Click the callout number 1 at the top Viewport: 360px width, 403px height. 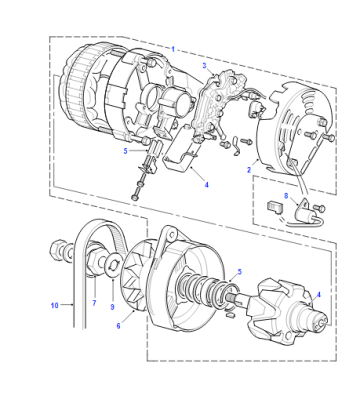pyautogui.click(x=173, y=49)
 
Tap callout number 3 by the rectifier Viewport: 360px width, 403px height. pyautogui.click(x=205, y=66)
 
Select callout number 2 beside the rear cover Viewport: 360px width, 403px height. pyautogui.click(x=249, y=170)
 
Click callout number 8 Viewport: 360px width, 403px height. pyautogui.click(x=286, y=196)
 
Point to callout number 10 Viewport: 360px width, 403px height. pyautogui.click(x=55, y=305)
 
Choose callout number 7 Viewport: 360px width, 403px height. pyautogui.click(x=94, y=303)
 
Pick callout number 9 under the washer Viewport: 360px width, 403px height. pyautogui.click(x=112, y=307)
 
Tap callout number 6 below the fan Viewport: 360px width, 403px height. pyautogui.click(x=118, y=326)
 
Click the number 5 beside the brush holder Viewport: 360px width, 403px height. pyautogui.click(x=125, y=151)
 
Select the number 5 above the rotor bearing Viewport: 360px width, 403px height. pyautogui.click(x=239, y=272)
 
